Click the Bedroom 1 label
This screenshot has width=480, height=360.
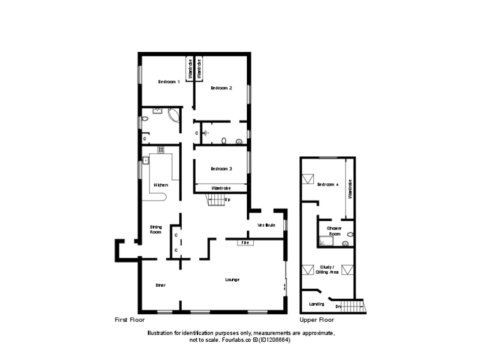(169, 82)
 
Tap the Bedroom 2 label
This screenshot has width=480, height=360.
(221, 88)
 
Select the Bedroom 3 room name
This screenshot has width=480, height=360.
(221, 169)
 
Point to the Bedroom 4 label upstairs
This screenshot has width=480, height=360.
(327, 184)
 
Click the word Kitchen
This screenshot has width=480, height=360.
(161, 185)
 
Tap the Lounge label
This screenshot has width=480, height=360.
(232, 279)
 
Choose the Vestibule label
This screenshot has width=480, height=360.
(266, 224)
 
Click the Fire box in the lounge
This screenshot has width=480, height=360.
(246, 242)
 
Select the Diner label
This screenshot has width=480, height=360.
(161, 285)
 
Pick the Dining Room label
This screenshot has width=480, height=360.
(156, 229)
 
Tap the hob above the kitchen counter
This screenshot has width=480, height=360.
(161, 149)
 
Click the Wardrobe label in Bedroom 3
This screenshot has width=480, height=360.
(221, 188)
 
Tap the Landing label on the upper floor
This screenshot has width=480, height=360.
(317, 304)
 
